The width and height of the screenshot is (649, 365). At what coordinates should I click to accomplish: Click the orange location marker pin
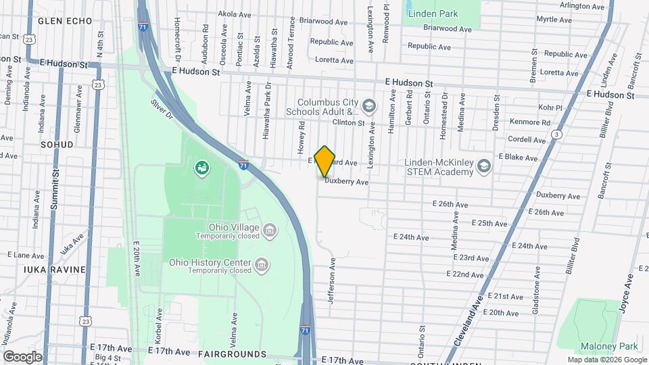pyautogui.click(x=325, y=162)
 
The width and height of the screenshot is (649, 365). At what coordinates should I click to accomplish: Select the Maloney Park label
pyautogui.click(x=612, y=346)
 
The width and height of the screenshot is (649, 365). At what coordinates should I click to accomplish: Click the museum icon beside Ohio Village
pyautogui.click(x=270, y=232)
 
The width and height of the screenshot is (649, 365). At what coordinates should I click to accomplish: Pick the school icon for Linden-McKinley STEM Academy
pyautogui.click(x=485, y=166)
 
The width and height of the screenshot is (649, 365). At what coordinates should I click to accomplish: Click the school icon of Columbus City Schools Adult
pyautogui.click(x=368, y=105)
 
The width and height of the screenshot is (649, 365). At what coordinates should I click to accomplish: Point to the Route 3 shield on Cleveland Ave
pyautogui.click(x=556, y=135)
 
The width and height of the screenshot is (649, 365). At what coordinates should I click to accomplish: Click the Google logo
pyautogui.click(x=22, y=356)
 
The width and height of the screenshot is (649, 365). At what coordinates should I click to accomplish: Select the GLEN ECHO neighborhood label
pyautogui.click(x=64, y=21)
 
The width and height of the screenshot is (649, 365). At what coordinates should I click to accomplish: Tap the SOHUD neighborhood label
pyautogui.click(x=57, y=145)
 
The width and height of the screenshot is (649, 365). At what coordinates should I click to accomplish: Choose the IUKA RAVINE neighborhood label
pyautogui.click(x=55, y=269)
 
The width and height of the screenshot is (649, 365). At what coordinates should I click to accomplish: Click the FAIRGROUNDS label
pyautogui.click(x=232, y=354)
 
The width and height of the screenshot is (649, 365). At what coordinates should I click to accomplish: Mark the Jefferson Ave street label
pyautogui.click(x=332, y=281)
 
